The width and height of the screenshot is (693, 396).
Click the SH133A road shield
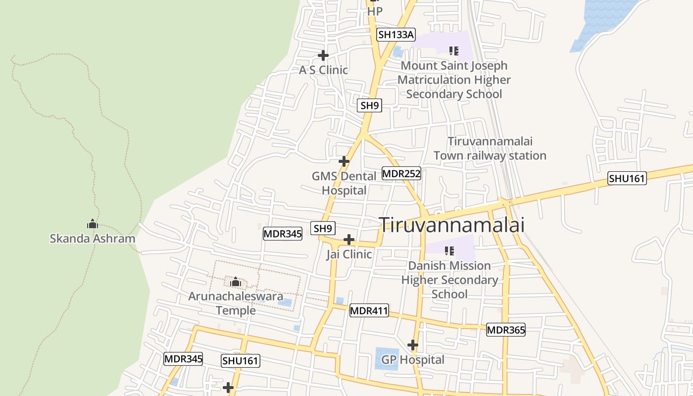pos(396,35)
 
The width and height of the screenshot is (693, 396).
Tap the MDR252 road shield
pos(401,174)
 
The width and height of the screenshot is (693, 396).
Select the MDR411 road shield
pos(369,311)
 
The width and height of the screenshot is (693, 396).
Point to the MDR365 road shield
pos(505,330)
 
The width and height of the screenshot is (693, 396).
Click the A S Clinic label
pos(323,70)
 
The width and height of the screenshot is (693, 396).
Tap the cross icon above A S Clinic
pos(323,55)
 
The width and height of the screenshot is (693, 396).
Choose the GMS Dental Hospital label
pos(344,183)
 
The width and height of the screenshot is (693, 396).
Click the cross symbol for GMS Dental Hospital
pos(344,161)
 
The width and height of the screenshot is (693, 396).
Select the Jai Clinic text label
pos(349,254)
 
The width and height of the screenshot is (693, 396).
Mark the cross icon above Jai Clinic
pos(349,240)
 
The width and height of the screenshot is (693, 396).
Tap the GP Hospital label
pos(413,360)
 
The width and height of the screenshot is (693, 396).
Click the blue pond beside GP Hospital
pos(387,358)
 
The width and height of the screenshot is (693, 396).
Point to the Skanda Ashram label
pos(93,239)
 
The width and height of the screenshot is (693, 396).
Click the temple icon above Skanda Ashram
pos(93,224)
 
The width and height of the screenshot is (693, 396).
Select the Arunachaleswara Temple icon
pos(235,282)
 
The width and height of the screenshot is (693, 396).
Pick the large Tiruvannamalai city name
pos(451,225)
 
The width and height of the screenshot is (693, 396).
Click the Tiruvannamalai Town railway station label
pos(490,148)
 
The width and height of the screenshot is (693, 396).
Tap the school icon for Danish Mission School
pos(449,251)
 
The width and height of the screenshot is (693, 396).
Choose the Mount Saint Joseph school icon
pos(453,50)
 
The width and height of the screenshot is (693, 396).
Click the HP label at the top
pos(375,10)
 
